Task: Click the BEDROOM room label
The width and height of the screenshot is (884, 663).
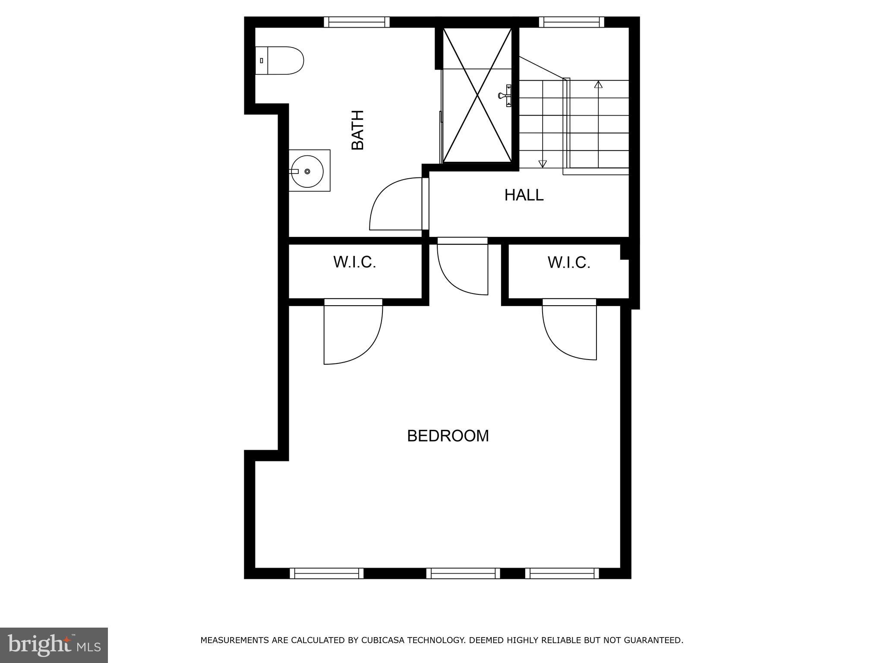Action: pos(448,436)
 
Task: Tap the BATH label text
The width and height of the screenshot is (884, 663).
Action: pos(358,130)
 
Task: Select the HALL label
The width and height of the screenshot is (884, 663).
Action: pos(524,195)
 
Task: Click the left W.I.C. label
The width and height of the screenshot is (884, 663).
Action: pos(354,262)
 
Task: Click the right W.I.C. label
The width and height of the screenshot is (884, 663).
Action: pos(568,262)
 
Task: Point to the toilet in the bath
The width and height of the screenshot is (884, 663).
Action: pos(281,60)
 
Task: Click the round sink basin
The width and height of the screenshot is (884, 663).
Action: pos(307,171)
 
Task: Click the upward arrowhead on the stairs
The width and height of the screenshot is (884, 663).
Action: pos(598,85)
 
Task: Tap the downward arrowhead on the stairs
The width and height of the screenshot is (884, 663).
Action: pos(543,164)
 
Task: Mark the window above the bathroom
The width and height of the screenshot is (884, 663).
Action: pos(357,22)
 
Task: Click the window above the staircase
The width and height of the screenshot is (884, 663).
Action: pos(571,22)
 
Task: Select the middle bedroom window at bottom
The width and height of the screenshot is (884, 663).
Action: pos(463,573)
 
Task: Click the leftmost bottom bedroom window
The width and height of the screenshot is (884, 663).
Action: pos(326,573)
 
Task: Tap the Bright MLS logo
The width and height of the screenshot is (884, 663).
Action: pos(54,645)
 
